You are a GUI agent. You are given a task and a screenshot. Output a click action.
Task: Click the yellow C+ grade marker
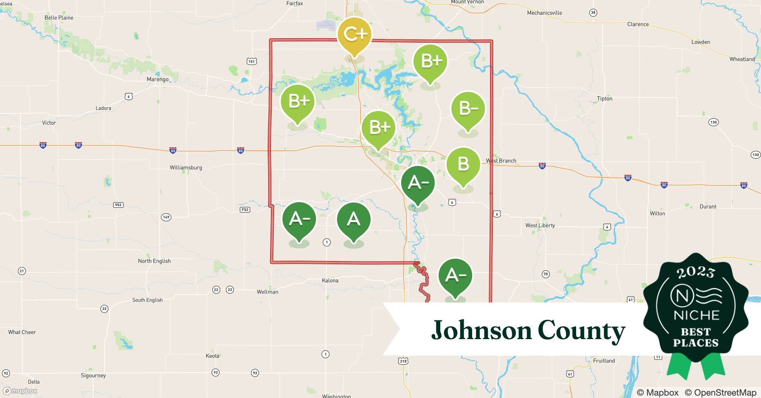(x=354, y=35)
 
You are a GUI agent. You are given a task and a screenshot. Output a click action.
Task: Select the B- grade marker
(x=468, y=109)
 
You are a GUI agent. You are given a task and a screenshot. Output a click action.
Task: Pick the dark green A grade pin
(x=353, y=220)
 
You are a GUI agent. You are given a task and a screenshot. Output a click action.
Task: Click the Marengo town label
(x=157, y=79)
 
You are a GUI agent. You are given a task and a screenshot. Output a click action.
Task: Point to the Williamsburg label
(x=186, y=168)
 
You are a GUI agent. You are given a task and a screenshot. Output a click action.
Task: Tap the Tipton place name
(x=604, y=99)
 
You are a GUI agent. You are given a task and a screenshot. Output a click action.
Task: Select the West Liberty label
(x=540, y=225)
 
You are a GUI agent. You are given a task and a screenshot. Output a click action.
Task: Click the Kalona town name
(x=330, y=281)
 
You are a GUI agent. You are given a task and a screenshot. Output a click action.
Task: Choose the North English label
(x=154, y=261)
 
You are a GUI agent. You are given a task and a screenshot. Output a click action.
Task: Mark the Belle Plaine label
(x=59, y=18)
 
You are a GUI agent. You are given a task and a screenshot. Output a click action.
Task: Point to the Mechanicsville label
(x=544, y=13)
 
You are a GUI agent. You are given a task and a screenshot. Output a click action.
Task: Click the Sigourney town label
(x=93, y=375)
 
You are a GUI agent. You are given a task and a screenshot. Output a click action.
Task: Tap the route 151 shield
(x=251, y=61)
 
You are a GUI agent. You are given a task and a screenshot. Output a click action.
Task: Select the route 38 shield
(x=593, y=13)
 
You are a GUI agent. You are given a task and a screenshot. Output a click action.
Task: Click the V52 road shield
(x=118, y=205)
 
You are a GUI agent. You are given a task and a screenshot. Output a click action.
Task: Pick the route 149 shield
(x=166, y=217)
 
